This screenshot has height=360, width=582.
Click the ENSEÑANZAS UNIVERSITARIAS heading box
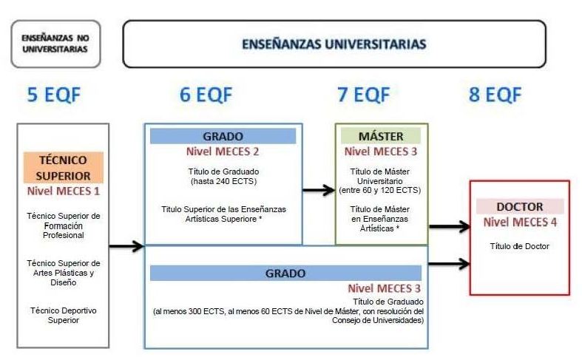pos(334,44)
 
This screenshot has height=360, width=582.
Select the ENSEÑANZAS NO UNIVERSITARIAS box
pos(55,44)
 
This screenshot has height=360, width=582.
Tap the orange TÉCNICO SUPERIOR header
pos(63,168)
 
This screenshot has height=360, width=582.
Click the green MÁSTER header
pos(380,136)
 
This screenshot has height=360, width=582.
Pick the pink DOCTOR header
pos(520,207)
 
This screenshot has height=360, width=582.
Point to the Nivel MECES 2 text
pos(223,152)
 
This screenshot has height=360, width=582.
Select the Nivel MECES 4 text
pos(520,223)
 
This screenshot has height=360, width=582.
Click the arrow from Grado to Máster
pos(319,191)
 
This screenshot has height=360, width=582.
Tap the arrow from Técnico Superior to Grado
pos(126,246)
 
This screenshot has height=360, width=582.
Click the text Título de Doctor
pos(520,246)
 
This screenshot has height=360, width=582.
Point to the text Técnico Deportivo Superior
pos(63,315)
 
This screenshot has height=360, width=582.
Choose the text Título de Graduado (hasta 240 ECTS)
pos(223,176)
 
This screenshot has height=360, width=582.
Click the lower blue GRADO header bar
pos(287,273)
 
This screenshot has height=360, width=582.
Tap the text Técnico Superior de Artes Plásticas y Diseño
pos(63,272)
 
